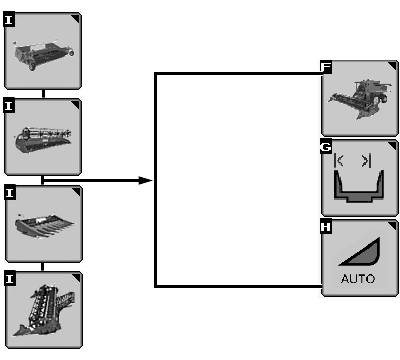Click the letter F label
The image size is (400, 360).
coord(326,67)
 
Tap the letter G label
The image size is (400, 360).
coord(326,147)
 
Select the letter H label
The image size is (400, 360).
coord(326,227)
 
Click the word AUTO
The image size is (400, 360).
coord(358,279)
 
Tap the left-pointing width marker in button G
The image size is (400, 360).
coord(338,161)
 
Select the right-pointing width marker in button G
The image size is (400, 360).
coord(367,161)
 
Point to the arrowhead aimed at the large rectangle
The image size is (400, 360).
coord(146,181)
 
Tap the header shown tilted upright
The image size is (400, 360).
coord(44,310)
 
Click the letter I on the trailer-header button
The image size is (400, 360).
coord(9,20)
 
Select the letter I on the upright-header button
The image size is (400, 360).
coord(10,279)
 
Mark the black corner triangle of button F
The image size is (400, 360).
coord(393,65)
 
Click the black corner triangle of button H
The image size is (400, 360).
coord(393,225)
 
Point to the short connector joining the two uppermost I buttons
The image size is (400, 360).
coord(44,93)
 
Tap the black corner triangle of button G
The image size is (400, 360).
coord(393,145)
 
